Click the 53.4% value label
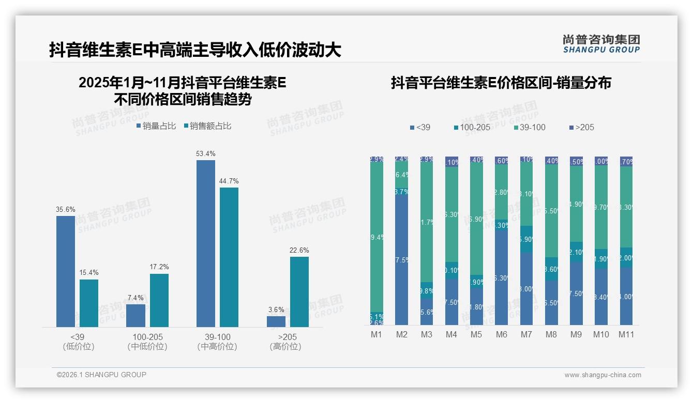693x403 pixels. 206,154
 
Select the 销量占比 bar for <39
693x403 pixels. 66,271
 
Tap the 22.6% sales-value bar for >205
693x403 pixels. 299,292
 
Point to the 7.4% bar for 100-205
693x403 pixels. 136,315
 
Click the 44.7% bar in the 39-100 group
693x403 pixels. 229,257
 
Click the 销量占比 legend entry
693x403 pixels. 157,126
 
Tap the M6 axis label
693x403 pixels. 502,334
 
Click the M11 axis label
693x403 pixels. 626,334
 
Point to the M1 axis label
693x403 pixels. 376,334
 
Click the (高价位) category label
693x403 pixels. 285,347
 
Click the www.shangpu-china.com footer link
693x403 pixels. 602,375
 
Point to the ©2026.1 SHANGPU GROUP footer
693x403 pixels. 101,375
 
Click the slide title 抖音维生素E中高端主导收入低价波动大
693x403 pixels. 195,50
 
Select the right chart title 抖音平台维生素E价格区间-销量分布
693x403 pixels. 501,83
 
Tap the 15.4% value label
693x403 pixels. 88,272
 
